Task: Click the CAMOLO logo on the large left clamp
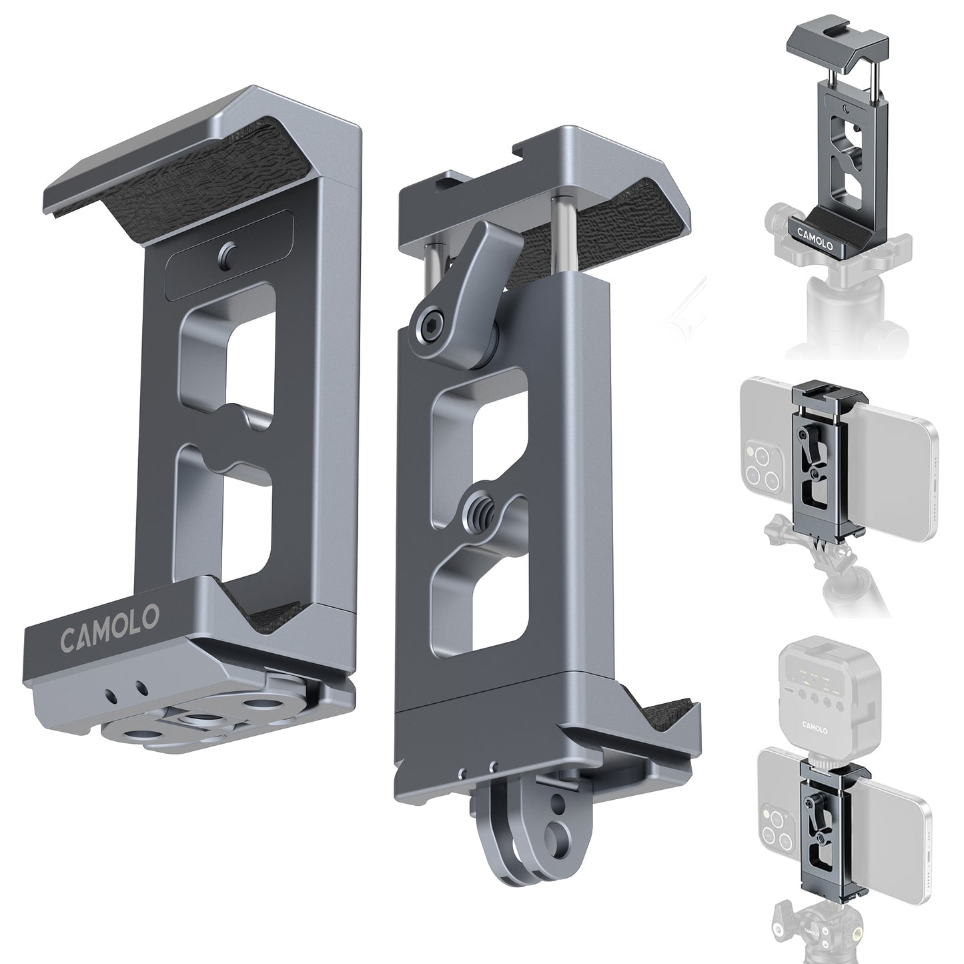[110, 622]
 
